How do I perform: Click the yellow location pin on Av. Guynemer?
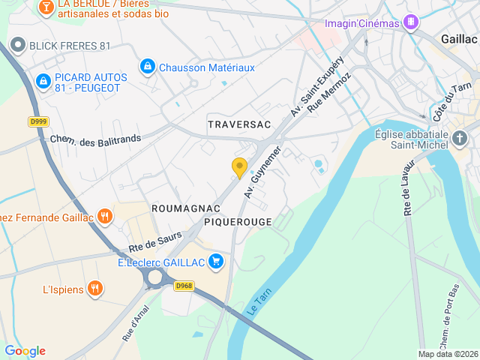coord(240,168)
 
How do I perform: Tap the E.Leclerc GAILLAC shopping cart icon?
coord(216,262)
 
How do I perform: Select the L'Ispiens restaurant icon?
coord(94,289)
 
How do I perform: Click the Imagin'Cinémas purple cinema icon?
coord(410,22)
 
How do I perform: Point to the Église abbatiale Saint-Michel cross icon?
coord(460,138)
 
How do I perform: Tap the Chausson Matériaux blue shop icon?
coord(148,67)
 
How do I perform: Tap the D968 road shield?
coord(184,286)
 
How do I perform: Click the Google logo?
coord(25,351)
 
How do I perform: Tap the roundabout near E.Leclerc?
coord(156,278)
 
